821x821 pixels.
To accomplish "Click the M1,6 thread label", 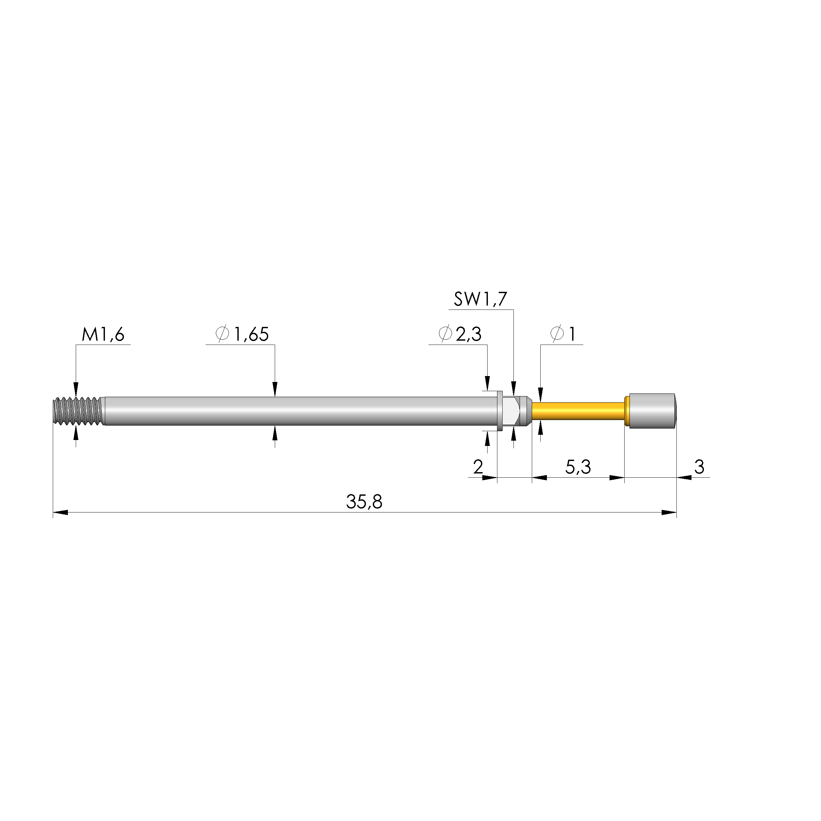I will coord(103,335).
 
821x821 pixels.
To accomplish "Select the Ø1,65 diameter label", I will coord(243,334).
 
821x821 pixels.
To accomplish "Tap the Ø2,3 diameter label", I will coord(460,334).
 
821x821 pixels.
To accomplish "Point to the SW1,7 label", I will coord(480,300).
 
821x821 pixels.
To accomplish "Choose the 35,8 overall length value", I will coord(364,502).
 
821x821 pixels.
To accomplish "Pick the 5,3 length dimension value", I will coord(578,468).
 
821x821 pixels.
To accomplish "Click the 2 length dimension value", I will coord(478,468).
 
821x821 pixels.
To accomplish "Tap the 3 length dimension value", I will coord(699,468).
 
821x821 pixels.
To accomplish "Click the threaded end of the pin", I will coord(79,411).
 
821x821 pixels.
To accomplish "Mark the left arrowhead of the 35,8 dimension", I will coord(59,512).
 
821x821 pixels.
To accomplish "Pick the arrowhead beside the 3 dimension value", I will coord(684,478).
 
